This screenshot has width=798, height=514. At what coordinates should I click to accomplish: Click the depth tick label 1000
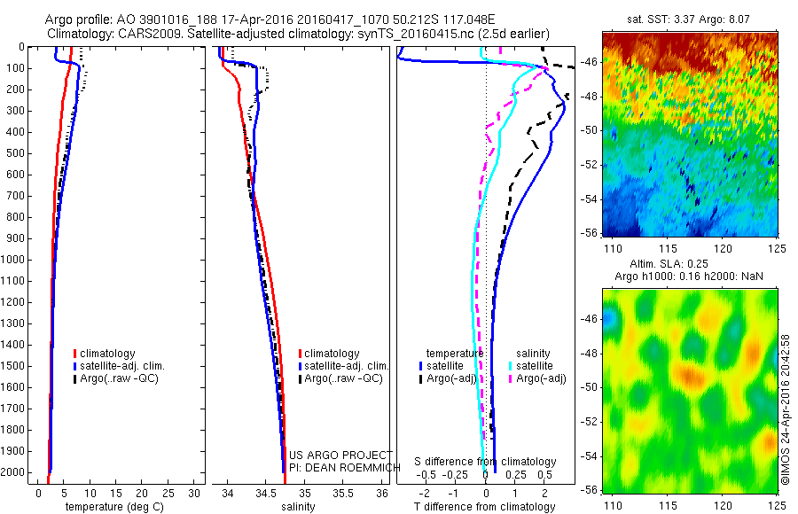coord(15,260)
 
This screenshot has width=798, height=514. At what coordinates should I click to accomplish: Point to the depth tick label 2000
coord(15,473)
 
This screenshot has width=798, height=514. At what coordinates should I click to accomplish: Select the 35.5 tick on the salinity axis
coord(342,493)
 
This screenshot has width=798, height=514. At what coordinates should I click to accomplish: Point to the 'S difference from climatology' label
coord(486,462)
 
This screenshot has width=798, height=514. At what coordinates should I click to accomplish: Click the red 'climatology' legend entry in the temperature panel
coord(107,354)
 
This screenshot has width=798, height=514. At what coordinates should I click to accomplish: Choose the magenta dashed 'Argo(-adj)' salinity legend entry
coord(541,378)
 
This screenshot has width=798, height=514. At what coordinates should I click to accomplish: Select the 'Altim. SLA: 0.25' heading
coord(688,265)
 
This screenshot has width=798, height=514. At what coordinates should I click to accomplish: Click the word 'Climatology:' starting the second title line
coord(81,34)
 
